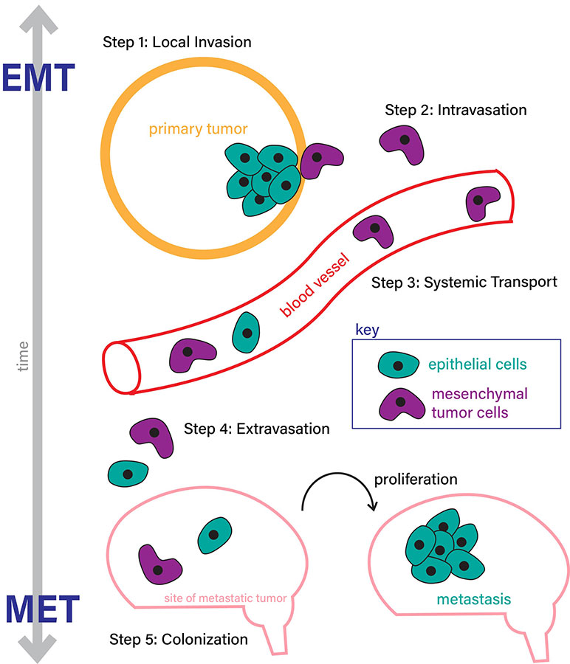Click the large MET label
coord(41,609)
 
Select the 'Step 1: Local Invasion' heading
coord(177,42)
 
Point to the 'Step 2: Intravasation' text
coord(456,110)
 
